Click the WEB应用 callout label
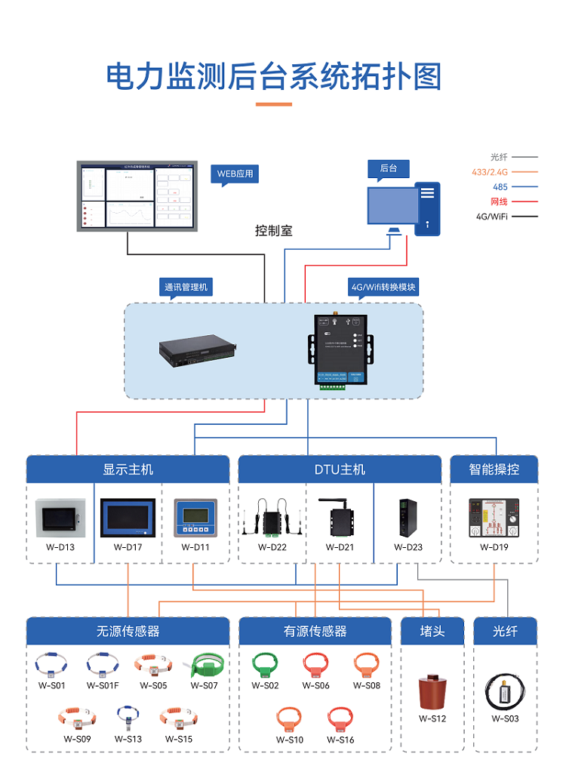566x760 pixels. tap(235, 174)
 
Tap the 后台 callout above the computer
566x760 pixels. tap(389, 168)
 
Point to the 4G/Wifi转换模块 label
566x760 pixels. tap(383, 288)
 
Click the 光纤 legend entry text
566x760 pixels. tap(499, 157)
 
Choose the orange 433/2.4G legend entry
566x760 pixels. tap(491, 172)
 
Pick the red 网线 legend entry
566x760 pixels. tap(499, 202)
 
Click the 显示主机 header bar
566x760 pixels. tap(128, 469)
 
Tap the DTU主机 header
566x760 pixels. tap(340, 469)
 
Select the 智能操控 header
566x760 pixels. tap(494, 469)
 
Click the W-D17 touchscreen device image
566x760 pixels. tap(128, 517)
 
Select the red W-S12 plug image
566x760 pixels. tap(432, 691)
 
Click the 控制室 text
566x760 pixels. tap(273, 231)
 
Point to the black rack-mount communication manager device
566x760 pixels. tap(198, 349)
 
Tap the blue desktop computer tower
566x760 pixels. tap(427, 208)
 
